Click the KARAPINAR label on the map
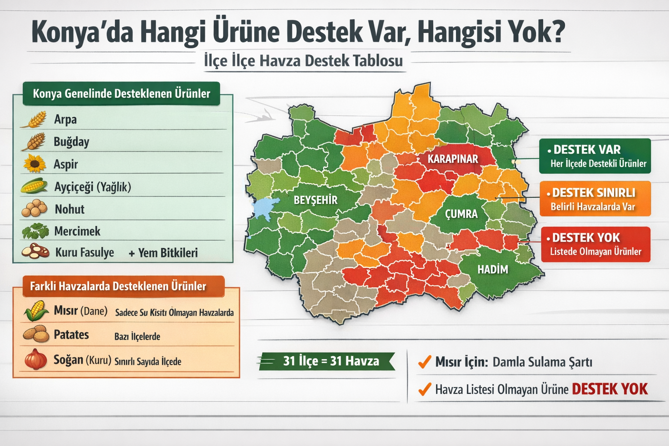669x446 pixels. [x=453, y=159]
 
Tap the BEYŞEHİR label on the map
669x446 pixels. [x=315, y=200]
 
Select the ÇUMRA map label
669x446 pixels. [x=461, y=214]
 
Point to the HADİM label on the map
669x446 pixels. [x=493, y=270]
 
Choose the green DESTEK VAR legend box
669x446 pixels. [x=595, y=156]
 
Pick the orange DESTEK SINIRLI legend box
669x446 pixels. [x=595, y=199]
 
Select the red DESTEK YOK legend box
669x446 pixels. [x=595, y=244]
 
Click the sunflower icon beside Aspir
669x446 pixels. [x=34, y=164]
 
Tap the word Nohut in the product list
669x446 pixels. [x=69, y=209]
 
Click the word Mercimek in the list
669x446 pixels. [x=77, y=231]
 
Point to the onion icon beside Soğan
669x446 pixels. [x=36, y=360]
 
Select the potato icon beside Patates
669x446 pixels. [x=36, y=334]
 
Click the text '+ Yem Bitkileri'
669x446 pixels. [x=163, y=253]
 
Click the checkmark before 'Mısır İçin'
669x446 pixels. [x=424, y=362]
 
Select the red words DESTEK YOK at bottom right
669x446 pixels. [x=609, y=389]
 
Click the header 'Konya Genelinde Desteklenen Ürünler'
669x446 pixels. [x=122, y=94]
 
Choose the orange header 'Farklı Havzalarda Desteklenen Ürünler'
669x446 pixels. [x=118, y=286]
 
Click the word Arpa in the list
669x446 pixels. [x=65, y=119]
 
